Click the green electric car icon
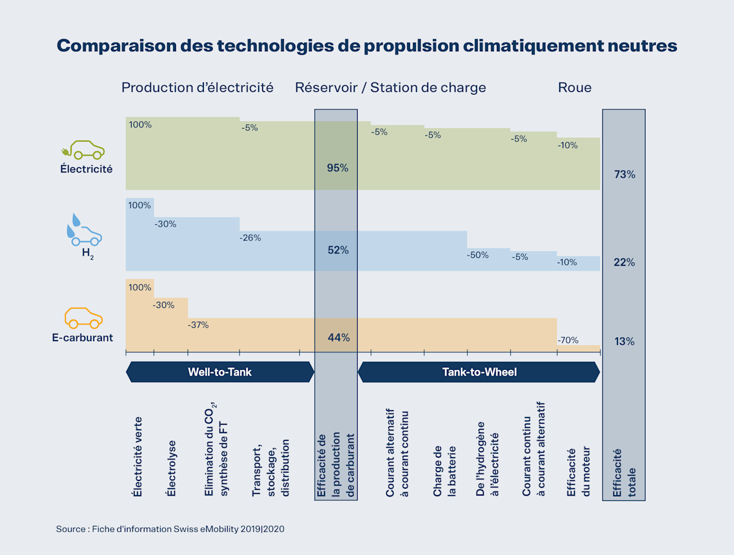[x=83, y=150]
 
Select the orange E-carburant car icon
[x=83, y=318]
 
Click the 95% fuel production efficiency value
[x=337, y=168]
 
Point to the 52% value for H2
[x=338, y=250]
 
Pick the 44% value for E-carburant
[x=338, y=338]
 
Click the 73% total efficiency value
[x=624, y=174]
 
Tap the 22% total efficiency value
[x=624, y=262]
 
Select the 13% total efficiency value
[x=624, y=341]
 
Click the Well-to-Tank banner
[x=220, y=372]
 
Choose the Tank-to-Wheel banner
[x=479, y=372]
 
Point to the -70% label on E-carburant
[x=568, y=340]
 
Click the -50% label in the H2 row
[x=478, y=255]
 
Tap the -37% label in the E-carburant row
[x=198, y=325]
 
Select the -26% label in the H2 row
[x=250, y=238]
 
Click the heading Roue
[x=574, y=87]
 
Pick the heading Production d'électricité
[x=197, y=87]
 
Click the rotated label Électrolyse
[x=171, y=468]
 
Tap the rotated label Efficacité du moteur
[x=578, y=472]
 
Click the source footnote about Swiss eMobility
[x=170, y=529]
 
